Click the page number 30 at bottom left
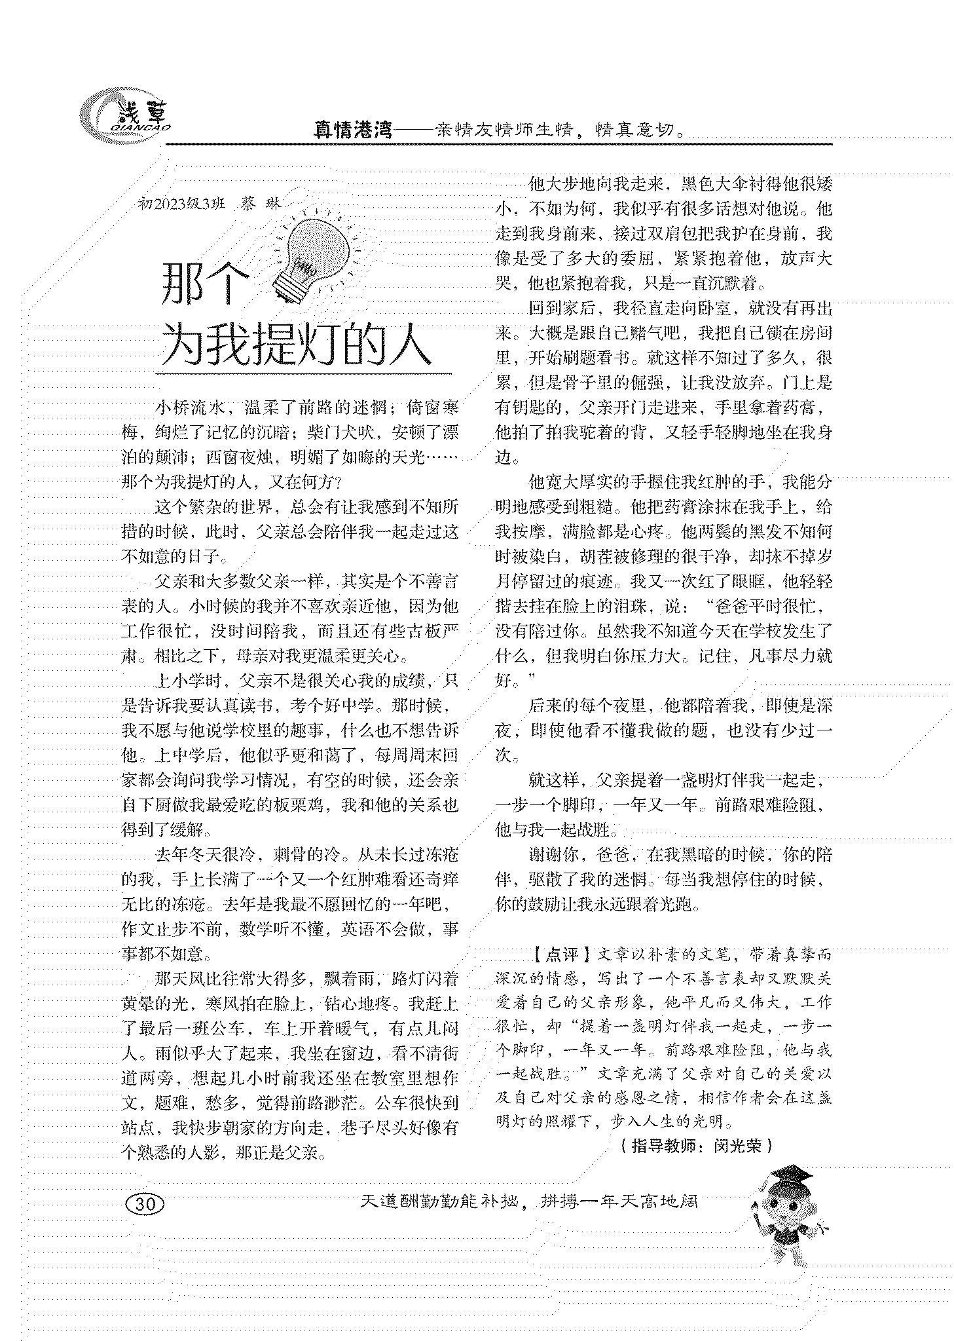147,1203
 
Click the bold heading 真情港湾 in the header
352,130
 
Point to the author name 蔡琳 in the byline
259,203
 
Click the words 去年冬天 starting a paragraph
187,855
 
